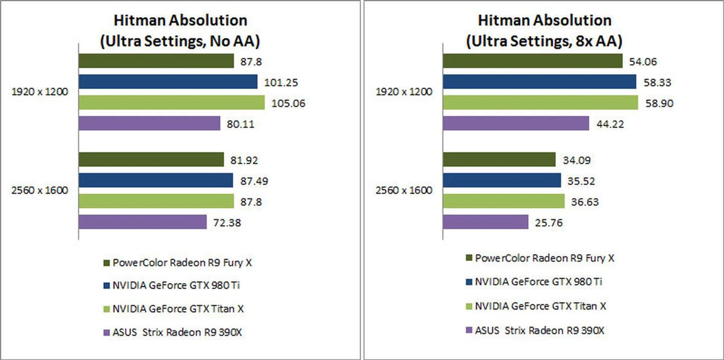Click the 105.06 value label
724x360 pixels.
(288, 103)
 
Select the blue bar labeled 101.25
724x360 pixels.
(168, 82)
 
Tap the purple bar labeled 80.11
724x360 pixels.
(149, 123)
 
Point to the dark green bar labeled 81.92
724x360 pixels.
(151, 159)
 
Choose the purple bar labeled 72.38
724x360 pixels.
(143, 222)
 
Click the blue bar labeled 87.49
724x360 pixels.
(156, 180)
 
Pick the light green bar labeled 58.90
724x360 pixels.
(540, 103)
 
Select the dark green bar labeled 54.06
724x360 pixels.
(532, 61)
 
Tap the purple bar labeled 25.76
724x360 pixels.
(485, 222)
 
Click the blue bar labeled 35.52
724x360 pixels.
(502, 180)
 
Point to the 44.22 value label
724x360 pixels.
(610, 124)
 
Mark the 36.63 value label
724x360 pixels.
(584, 202)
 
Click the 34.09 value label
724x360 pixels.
(577, 160)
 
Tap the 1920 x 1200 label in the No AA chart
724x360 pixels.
(40, 92)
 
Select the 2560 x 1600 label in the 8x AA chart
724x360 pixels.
(403, 190)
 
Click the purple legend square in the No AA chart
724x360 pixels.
(107, 332)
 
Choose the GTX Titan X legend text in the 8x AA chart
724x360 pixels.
(540, 306)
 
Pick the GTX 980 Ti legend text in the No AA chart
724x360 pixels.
(176, 285)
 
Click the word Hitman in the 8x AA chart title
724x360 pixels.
(501, 20)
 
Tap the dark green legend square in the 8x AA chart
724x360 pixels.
(469, 258)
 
